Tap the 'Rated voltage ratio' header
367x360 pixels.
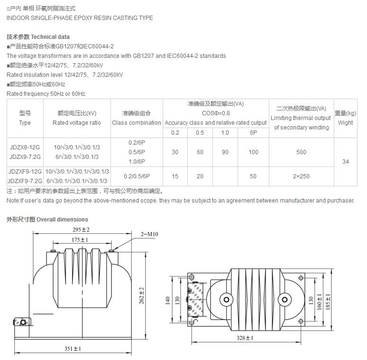76,123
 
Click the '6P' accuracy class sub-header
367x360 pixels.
253,133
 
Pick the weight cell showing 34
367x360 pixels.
345,162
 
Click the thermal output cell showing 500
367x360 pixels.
301,152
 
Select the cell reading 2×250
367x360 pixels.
301,176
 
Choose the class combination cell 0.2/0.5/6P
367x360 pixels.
137,176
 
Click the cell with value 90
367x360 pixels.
225,152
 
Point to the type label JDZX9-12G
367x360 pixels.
25,148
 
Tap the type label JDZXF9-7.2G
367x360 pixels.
25,181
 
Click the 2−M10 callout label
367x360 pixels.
150,234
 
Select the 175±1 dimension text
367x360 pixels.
80,240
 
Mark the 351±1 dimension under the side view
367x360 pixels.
73,349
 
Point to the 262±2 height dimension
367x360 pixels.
141,295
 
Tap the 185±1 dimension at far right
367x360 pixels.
328,301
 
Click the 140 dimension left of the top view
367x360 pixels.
167,301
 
